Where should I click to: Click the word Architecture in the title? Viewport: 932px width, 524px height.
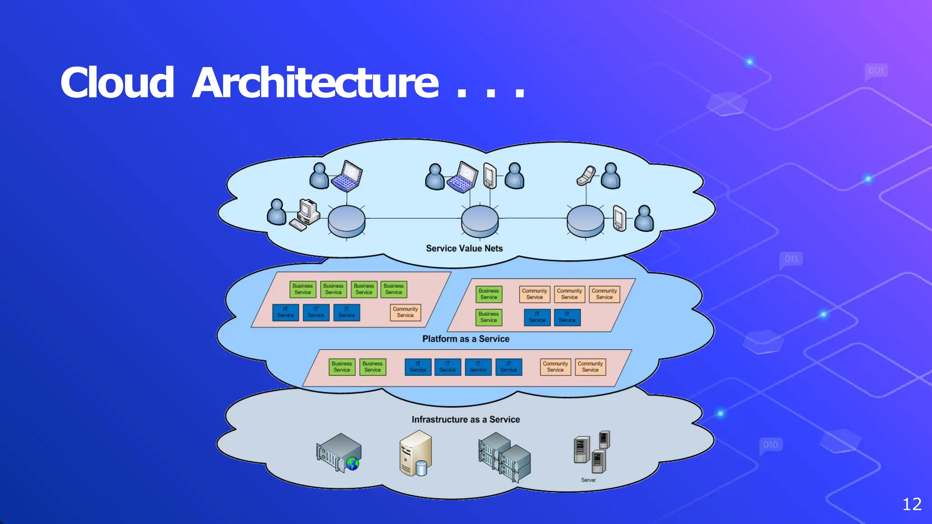click(315, 83)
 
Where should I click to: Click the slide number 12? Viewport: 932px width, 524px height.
click(912, 504)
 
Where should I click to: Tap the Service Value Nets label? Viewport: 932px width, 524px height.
click(464, 248)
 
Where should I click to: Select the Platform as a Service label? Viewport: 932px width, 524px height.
click(466, 339)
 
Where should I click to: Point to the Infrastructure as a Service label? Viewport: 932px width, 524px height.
click(466, 419)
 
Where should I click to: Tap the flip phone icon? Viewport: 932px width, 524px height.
click(586, 176)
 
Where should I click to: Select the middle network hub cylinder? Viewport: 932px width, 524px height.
click(480, 221)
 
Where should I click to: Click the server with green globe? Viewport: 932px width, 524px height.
click(339, 453)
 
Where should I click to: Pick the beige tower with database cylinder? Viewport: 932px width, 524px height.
click(415, 453)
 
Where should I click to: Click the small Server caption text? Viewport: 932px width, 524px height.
click(588, 480)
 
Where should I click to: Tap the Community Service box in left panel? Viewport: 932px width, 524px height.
click(405, 312)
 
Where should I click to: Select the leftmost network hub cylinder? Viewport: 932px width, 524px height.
click(346, 221)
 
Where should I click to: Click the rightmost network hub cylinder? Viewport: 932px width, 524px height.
click(585, 221)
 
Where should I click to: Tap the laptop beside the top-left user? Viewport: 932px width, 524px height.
click(347, 176)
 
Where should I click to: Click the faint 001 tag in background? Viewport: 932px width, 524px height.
click(876, 71)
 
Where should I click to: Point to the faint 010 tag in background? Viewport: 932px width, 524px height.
click(770, 445)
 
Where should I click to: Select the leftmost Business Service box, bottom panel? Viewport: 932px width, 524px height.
click(342, 367)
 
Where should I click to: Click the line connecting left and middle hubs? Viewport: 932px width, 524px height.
click(413, 218)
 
